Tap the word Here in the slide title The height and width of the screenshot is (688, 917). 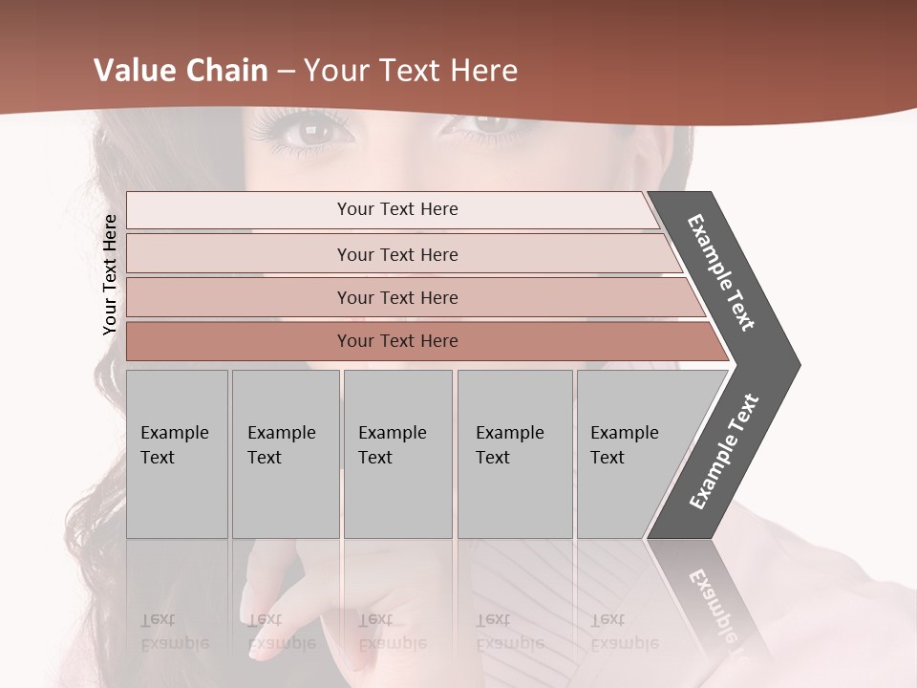[482, 71]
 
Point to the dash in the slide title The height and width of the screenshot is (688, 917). [285, 72]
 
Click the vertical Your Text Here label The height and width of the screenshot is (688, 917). [110, 274]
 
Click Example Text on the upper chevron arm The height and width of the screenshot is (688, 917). [721, 272]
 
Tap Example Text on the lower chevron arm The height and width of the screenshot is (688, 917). [724, 452]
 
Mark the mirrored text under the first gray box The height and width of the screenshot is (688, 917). [175, 632]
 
